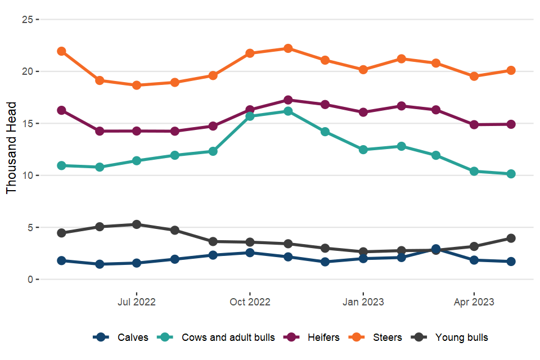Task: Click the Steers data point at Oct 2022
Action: click(250, 53)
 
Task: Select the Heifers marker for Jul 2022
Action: click(137, 131)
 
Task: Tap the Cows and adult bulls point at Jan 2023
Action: click(363, 150)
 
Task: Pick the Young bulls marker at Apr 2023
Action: click(474, 246)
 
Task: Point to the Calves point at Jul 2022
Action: click(137, 263)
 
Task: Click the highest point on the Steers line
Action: click(288, 48)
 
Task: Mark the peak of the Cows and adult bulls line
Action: click(288, 111)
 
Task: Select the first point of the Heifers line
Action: click(62, 110)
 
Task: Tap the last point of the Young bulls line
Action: click(511, 238)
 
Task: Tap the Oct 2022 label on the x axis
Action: click(250, 302)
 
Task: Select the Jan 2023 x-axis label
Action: click(363, 302)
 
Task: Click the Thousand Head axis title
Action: click(12, 147)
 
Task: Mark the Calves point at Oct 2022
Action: click(250, 253)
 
